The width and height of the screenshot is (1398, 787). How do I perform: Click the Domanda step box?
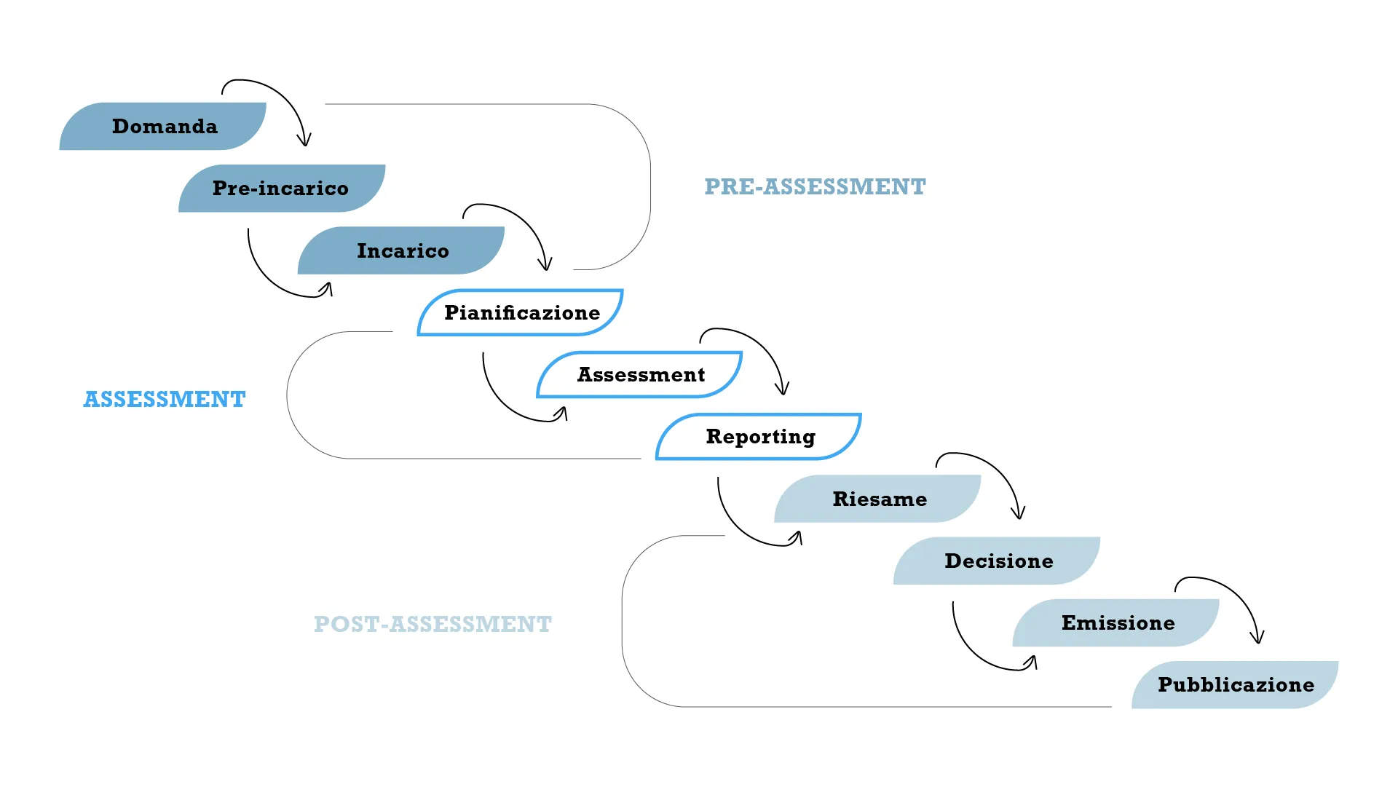point(163,127)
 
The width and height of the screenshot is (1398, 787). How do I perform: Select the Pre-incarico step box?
point(281,189)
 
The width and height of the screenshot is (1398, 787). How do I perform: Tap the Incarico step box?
point(401,250)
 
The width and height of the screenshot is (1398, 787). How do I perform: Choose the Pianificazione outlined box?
point(521,313)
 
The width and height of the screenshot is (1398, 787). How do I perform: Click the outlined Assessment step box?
point(640,375)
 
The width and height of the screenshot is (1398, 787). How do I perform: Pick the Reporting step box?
point(759,437)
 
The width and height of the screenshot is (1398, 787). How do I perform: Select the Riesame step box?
point(879,499)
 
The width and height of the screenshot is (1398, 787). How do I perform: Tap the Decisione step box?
point(998,561)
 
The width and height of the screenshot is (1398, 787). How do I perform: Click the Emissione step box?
point(1118,623)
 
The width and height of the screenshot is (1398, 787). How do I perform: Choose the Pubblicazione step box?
point(1236,685)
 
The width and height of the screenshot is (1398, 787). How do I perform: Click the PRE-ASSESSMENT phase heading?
point(815,187)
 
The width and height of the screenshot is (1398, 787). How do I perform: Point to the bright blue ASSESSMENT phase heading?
point(165,400)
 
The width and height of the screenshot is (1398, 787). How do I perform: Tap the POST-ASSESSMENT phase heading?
point(433,625)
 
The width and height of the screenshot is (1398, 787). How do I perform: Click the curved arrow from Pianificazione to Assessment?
point(502,403)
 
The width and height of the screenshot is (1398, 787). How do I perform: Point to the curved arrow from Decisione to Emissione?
point(972,652)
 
